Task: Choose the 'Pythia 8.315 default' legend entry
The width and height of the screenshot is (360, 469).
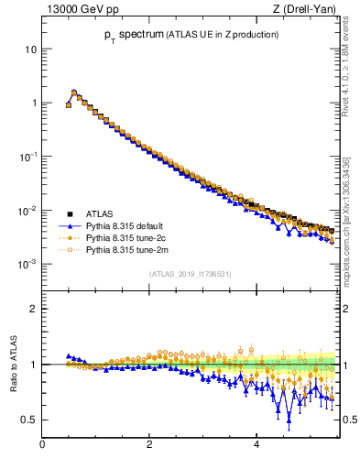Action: (128, 225)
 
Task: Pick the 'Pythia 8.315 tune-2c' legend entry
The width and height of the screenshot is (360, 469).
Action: (127, 236)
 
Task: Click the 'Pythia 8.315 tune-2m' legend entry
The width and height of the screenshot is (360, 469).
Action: (128, 248)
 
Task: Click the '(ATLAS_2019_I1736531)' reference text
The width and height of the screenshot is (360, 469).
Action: (190, 274)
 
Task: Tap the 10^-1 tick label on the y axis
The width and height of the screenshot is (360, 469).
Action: (28, 157)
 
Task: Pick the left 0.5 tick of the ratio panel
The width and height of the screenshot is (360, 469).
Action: (29, 420)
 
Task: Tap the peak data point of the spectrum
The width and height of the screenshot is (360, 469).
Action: (74, 93)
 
